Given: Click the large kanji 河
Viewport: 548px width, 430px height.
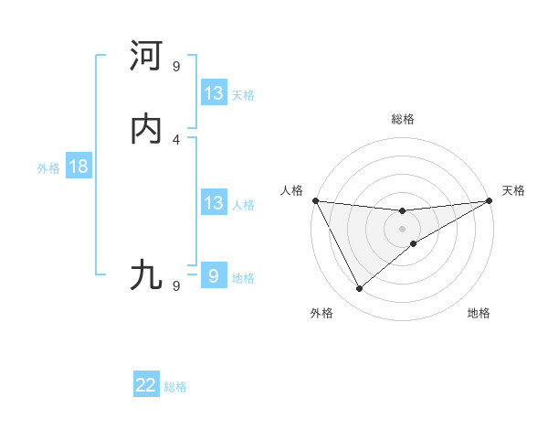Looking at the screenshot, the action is click(147, 56).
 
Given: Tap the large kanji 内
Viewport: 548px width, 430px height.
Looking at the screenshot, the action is click(147, 129).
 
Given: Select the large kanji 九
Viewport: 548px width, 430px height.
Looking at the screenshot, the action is click(147, 274).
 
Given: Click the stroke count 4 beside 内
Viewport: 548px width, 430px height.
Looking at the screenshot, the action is click(176, 139).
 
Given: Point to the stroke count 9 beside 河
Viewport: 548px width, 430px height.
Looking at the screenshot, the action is click(176, 66).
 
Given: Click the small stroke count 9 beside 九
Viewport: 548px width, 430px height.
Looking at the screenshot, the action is click(176, 285).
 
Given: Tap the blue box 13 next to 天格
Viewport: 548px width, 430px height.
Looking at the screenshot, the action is click(213, 93).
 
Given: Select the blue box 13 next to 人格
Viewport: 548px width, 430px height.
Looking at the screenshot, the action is click(213, 203).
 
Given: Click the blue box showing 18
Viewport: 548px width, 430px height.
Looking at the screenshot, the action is click(78, 167).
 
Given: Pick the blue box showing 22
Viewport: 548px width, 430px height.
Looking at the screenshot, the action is click(146, 385).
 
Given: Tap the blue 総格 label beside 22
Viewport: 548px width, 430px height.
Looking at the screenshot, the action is click(175, 387).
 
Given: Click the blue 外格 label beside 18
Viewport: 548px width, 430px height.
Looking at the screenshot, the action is click(48, 168).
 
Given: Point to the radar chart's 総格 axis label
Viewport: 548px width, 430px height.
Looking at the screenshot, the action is click(403, 119).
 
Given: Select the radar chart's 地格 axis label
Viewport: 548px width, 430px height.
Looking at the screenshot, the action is click(479, 313).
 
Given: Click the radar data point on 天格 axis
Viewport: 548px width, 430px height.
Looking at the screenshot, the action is click(490, 200).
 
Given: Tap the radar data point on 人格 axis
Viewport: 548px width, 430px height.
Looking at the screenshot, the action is click(316, 200).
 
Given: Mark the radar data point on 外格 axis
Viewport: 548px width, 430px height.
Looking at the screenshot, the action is click(359, 289).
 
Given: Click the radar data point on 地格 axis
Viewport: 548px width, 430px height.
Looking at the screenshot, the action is click(414, 243).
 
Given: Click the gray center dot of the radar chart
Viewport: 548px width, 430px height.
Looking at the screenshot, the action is click(403, 229).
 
